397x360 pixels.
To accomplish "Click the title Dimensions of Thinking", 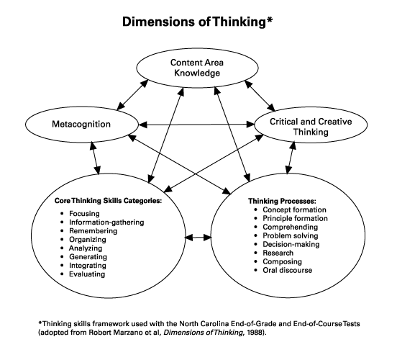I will point(197,22).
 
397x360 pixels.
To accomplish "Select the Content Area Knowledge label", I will point(196,68).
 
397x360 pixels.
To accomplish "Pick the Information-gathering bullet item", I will point(106,223).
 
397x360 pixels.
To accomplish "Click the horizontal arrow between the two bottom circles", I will point(197,236).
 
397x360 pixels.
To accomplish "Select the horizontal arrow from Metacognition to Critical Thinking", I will point(196,125).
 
